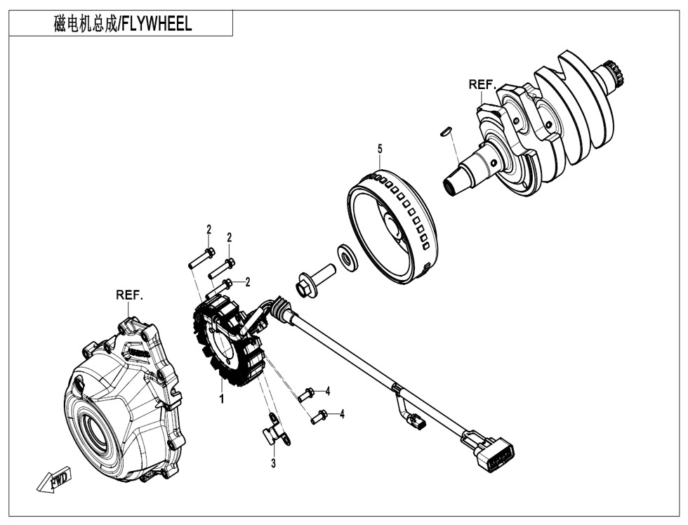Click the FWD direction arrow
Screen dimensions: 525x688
[x=53, y=480]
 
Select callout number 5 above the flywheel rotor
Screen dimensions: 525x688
[x=380, y=149]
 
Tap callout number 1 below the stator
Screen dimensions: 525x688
[x=221, y=399]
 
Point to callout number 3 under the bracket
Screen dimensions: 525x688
[x=274, y=464]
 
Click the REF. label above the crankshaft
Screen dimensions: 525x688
[x=482, y=84]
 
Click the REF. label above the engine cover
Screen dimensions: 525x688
[x=129, y=295]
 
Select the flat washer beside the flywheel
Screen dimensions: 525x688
[x=346, y=255]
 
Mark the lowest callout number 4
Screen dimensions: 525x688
[x=342, y=415]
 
